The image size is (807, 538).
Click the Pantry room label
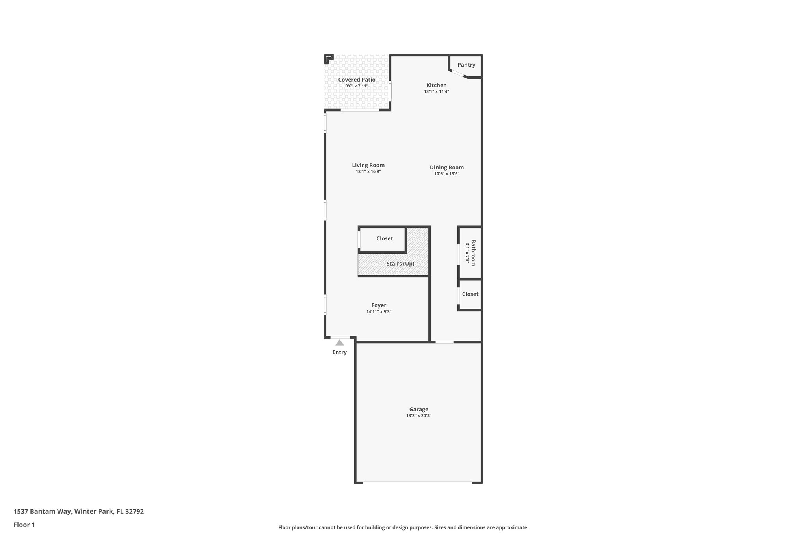pyautogui.click(x=466, y=65)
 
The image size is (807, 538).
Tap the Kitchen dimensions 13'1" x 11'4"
pyautogui.click(x=436, y=91)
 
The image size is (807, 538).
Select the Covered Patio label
pyautogui.click(x=357, y=80)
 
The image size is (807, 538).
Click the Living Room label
pyautogui.click(x=368, y=165)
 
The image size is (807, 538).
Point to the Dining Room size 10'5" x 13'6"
pyautogui.click(x=447, y=174)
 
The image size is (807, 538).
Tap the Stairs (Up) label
pyautogui.click(x=400, y=264)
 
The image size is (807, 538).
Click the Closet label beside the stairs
pyautogui.click(x=384, y=238)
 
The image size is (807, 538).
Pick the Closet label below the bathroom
pyautogui.click(x=470, y=294)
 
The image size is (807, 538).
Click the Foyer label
pyautogui.click(x=379, y=305)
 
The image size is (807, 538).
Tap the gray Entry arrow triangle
pyautogui.click(x=339, y=343)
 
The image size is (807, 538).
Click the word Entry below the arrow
pyautogui.click(x=339, y=352)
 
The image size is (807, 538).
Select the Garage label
pyautogui.click(x=418, y=409)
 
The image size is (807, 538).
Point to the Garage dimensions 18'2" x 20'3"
pyautogui.click(x=418, y=416)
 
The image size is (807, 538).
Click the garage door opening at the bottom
pyautogui.click(x=417, y=482)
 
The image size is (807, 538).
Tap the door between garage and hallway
pyautogui.click(x=444, y=342)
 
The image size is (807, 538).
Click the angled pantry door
pyautogui.click(x=458, y=74)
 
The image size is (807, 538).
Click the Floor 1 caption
pyautogui.click(x=24, y=525)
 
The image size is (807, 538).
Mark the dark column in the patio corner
pyautogui.click(x=328, y=59)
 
